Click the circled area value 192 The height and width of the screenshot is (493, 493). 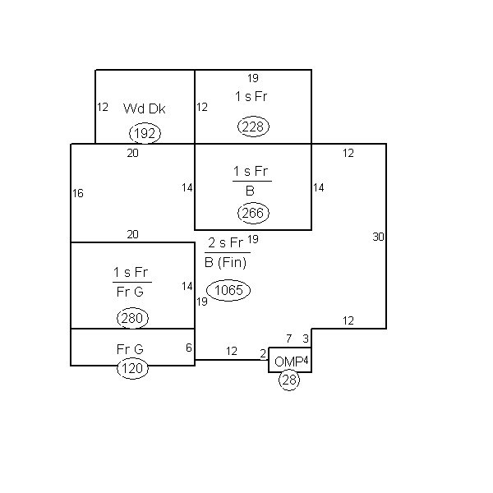[x=145, y=133]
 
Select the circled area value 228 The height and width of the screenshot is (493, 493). [x=253, y=127]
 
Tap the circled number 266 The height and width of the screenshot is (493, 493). [x=253, y=213]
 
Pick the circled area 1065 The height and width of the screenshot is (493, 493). [x=228, y=290]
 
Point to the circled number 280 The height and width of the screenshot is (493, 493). [x=132, y=318]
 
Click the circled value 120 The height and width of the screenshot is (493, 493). [x=132, y=368]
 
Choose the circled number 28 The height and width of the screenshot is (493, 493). [x=289, y=380]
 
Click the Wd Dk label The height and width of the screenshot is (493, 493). [x=145, y=108]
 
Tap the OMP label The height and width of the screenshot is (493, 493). [x=289, y=362]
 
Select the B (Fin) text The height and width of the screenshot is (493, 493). [x=225, y=263]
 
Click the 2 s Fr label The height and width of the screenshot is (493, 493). [x=225, y=242]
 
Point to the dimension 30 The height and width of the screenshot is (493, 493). [x=378, y=237]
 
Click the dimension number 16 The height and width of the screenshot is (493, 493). [x=78, y=193]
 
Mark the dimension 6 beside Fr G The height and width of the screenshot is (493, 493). [x=189, y=348]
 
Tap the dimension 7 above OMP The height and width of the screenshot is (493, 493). [x=288, y=339]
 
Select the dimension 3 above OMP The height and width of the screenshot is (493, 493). [x=306, y=339]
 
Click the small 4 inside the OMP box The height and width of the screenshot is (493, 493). [x=306, y=361]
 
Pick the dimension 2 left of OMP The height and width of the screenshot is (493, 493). [x=263, y=353]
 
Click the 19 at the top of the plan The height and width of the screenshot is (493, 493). [x=253, y=78]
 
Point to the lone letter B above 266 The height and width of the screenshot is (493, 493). [x=250, y=191]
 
